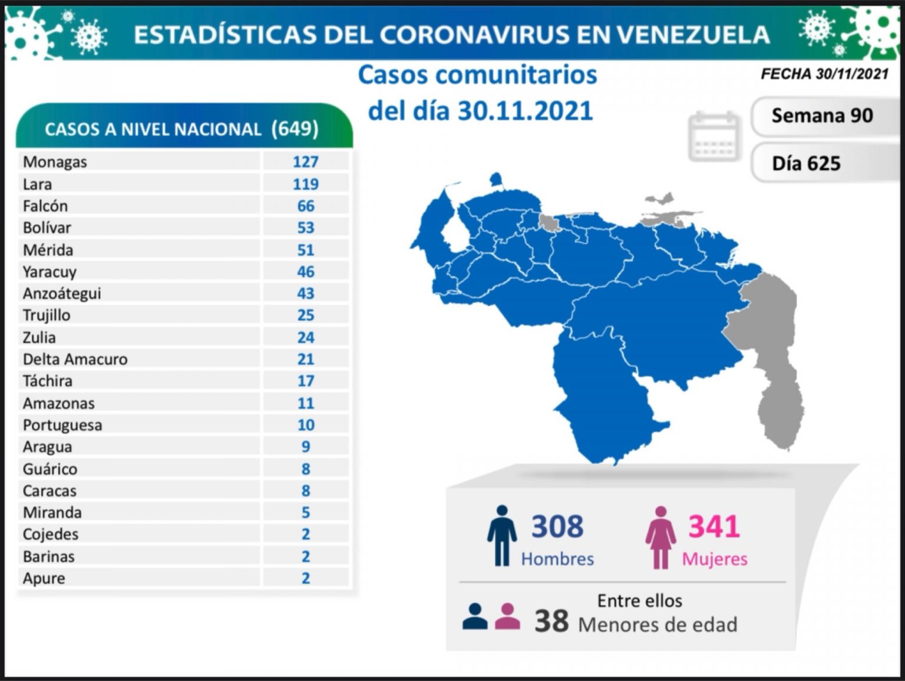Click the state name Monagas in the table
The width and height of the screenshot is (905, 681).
tap(55, 162)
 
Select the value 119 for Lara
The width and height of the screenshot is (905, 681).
tap(305, 185)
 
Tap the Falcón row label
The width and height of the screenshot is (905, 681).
tap(45, 206)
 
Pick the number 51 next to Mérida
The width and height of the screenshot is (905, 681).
tap(305, 250)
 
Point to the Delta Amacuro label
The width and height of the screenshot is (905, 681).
tap(75, 359)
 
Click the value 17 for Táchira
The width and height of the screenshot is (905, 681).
tap(305, 381)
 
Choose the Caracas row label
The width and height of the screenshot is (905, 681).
tap(49, 491)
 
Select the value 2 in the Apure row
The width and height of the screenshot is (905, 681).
tap(305, 578)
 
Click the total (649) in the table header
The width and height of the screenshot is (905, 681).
tap(295, 129)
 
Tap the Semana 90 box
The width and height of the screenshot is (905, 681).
tap(822, 116)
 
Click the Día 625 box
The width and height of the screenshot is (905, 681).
tap(806, 163)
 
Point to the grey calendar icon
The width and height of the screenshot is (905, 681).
tap(714, 136)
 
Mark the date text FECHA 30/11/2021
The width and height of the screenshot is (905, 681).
tap(824, 74)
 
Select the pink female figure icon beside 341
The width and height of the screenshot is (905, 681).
tap(660, 537)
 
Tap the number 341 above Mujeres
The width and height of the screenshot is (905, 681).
tap(714, 526)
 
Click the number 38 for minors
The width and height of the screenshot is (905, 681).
tap(551, 621)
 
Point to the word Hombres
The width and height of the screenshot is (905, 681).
tap(557, 559)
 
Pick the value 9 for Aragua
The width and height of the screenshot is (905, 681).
tap(305, 447)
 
